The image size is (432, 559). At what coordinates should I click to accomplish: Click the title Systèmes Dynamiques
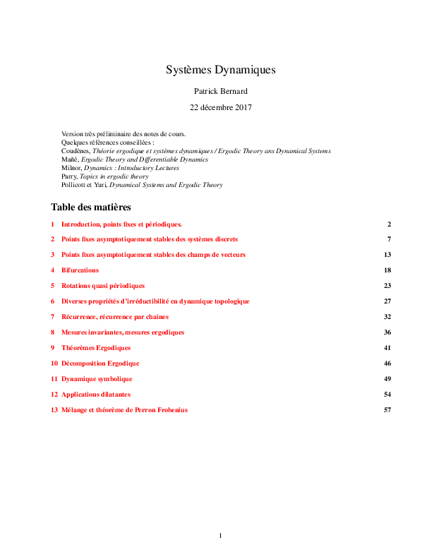coord(220,70)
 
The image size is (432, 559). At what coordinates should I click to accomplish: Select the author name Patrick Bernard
coord(220,92)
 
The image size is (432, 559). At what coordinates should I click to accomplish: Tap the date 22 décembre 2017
coord(220,108)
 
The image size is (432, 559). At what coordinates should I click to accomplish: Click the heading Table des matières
coord(91,208)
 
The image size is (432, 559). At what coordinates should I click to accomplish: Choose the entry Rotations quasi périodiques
coord(103,286)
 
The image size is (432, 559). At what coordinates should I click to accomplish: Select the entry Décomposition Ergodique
coord(100,363)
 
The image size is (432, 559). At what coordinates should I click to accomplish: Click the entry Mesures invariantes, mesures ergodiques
coord(123,332)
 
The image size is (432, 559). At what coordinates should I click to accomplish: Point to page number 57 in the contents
coord(387,410)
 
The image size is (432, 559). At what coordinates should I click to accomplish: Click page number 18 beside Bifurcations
coord(387,270)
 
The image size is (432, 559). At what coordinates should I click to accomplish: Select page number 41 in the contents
coord(387,348)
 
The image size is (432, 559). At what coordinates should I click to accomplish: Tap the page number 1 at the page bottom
coord(220,536)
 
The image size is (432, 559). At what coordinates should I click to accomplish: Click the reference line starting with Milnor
coord(120,168)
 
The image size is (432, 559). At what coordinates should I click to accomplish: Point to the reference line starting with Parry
coord(105,176)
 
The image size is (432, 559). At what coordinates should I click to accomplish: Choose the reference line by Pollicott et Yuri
coord(142,185)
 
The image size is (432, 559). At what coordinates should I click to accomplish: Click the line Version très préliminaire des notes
coord(124,134)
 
